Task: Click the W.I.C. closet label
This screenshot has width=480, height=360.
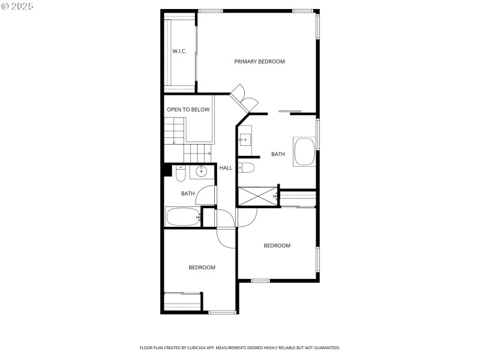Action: point(179,52)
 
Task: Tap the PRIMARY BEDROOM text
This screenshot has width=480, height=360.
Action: point(259,62)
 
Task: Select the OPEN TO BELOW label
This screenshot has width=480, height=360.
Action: point(188,110)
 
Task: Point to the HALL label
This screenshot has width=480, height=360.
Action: point(226,168)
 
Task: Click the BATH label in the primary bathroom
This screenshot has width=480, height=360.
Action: point(278,154)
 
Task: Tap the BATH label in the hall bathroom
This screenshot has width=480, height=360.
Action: point(188,193)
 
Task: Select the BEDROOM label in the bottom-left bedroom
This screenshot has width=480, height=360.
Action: point(202,268)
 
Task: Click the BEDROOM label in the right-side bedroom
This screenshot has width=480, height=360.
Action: point(277,245)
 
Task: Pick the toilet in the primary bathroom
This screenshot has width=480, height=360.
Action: point(247,167)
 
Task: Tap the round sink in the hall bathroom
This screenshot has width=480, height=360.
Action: point(202,172)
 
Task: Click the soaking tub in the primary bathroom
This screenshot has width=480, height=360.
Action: point(304,152)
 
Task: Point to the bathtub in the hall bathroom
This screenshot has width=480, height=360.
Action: point(183,217)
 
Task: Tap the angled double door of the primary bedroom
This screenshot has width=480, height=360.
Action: point(244,99)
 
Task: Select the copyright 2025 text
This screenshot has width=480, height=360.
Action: point(17,5)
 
